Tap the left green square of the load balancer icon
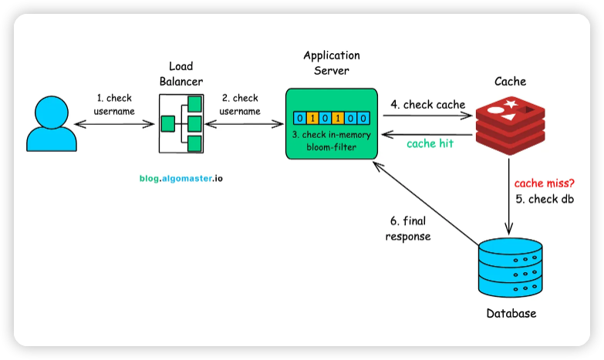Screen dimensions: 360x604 click(x=165, y=123)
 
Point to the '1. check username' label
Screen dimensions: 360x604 click(x=114, y=105)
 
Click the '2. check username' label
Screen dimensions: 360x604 click(x=240, y=105)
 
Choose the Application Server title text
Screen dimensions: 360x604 click(x=331, y=63)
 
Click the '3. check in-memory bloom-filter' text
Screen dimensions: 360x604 click(x=331, y=140)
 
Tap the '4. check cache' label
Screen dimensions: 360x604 click(x=428, y=105)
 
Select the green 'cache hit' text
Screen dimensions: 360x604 click(x=430, y=143)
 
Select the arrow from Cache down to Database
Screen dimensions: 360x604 click(x=509, y=193)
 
